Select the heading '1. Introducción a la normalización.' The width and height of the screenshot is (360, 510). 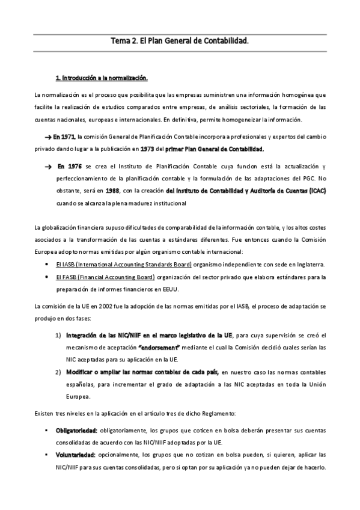(x=101, y=78)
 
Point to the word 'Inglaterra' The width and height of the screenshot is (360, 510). (x=308, y=265)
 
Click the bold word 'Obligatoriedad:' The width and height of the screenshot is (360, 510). (x=76, y=431)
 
